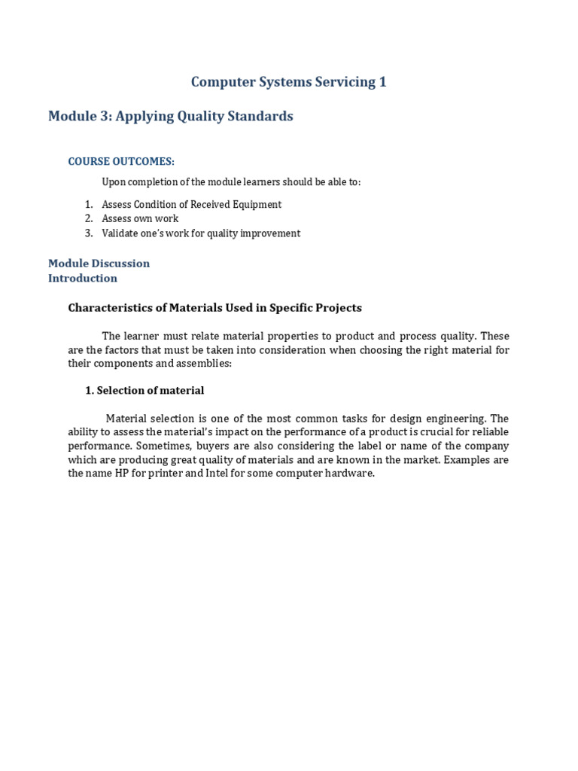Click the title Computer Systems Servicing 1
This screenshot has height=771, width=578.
288,82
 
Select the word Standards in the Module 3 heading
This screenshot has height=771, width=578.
260,117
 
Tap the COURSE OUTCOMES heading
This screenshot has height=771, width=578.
121,162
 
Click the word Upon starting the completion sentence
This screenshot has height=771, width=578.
114,182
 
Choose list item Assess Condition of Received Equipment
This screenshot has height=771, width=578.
191,205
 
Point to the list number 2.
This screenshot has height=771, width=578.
88,219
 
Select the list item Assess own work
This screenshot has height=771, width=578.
140,219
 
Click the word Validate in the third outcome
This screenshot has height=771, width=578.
120,233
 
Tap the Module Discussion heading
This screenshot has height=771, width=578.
99,264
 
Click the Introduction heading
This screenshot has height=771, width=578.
83,279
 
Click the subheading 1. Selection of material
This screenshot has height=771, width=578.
143,391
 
